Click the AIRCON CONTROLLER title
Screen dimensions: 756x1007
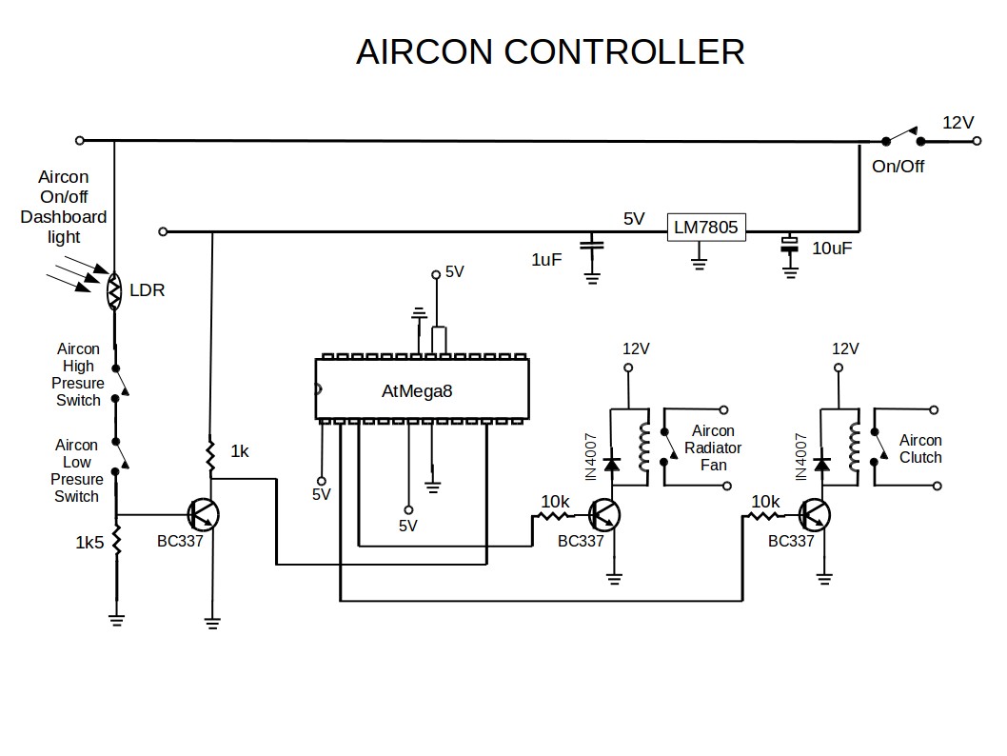pos(550,51)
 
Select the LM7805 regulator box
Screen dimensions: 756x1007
pos(705,228)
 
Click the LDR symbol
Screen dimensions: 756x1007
pos(114,290)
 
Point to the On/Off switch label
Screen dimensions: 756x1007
pos(898,167)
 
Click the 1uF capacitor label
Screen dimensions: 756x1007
pos(546,259)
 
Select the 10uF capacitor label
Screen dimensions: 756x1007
pos(831,249)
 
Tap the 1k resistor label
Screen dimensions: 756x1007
pos(240,451)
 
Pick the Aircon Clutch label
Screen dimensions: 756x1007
pos(919,448)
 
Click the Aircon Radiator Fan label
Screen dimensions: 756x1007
pos(713,448)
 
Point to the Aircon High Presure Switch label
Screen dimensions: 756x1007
pos(78,374)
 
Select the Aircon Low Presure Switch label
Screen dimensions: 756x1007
pos(76,470)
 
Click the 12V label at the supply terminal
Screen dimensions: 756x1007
pos(958,123)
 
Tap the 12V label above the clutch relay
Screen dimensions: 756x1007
pos(845,348)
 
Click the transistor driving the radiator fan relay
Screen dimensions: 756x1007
pos(603,515)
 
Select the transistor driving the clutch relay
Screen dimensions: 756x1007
pos(814,515)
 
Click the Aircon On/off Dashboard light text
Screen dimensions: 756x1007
pos(64,207)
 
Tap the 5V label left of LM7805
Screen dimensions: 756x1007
pos(635,219)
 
